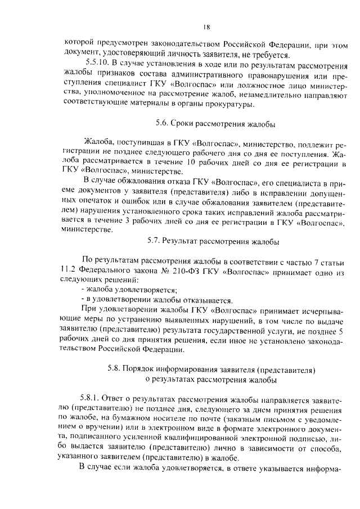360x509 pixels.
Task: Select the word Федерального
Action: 100,271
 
